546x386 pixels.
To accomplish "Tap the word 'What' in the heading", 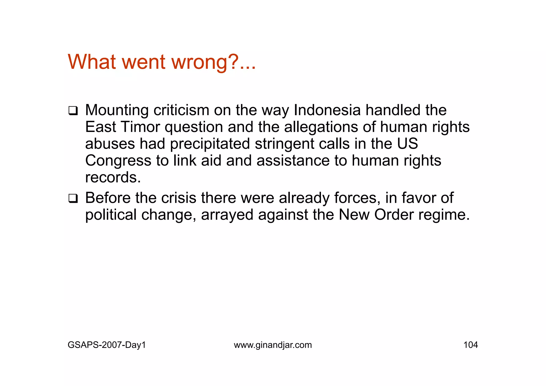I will (92, 62).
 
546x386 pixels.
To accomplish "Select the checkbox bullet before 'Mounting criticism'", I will (73, 111).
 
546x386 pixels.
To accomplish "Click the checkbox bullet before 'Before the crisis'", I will (73, 199).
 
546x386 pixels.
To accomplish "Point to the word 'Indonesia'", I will (327, 110).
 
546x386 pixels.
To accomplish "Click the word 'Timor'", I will (140, 127).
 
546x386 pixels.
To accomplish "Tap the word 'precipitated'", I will (210, 144).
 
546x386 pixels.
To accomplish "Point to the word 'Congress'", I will (118, 161).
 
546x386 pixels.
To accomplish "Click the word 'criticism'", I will (181, 110).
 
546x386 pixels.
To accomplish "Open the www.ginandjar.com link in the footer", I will (273, 345).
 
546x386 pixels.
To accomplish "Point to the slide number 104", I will (471, 345).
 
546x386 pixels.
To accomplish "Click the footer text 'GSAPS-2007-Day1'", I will (107, 345).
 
